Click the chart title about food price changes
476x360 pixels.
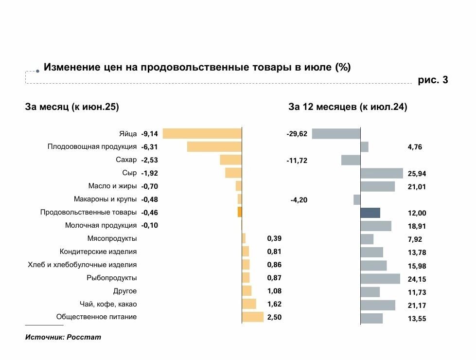[x=197, y=67]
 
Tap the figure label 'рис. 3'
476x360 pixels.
[x=433, y=80]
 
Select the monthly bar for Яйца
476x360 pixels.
[x=202, y=134]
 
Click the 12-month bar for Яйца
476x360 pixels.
[x=336, y=134]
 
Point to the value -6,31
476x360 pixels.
[x=150, y=147]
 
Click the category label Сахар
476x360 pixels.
[x=126, y=160]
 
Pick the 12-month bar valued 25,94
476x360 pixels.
[x=382, y=173]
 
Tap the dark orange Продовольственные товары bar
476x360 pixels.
[x=240, y=212]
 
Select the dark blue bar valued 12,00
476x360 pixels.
[x=370, y=213]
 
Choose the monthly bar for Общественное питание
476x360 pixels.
[x=252, y=317]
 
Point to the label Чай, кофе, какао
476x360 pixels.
[x=108, y=304]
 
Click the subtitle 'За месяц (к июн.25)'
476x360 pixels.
[x=72, y=107]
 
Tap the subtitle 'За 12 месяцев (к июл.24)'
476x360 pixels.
[x=348, y=107]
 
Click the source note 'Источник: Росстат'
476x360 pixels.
[x=63, y=337]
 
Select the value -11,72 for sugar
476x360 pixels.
[x=297, y=161]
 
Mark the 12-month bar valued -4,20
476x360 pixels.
[x=357, y=199]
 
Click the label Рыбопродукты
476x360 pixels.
[x=111, y=278]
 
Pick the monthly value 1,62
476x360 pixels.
[x=274, y=304]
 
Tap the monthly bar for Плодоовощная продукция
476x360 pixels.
[x=214, y=147]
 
